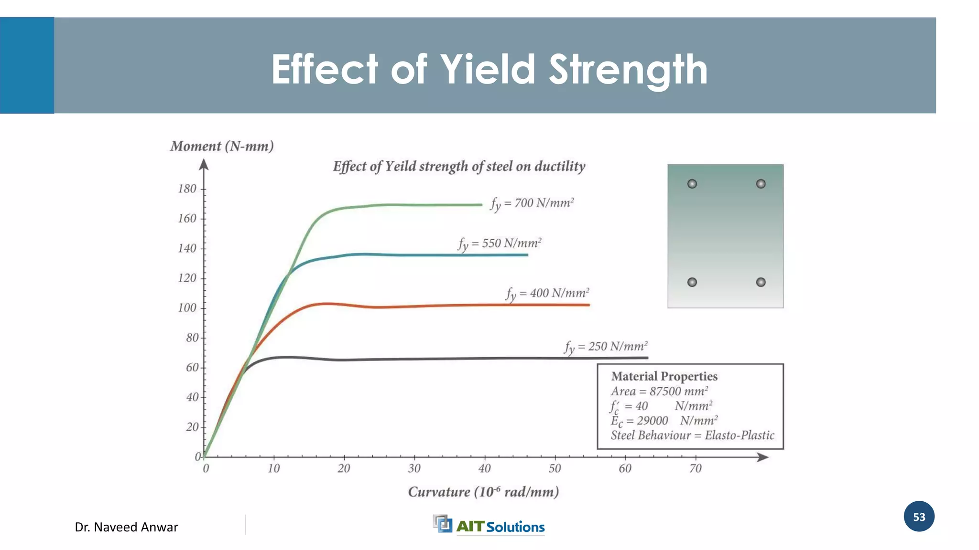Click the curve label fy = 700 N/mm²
click(x=532, y=203)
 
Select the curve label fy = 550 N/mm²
click(x=500, y=243)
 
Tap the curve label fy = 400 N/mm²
click(x=547, y=293)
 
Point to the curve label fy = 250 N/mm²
click(x=606, y=347)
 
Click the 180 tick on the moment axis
click(x=187, y=189)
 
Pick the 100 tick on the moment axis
click(x=187, y=308)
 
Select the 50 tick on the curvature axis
click(x=555, y=468)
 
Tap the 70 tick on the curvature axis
click(x=695, y=468)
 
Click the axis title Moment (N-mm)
click(x=222, y=146)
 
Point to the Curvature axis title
click(x=483, y=492)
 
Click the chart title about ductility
click(x=459, y=167)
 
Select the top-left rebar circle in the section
click(x=692, y=184)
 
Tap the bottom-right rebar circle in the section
click(x=761, y=282)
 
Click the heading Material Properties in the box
click(x=664, y=377)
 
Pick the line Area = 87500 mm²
click(x=659, y=391)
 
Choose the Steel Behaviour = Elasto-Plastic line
click(x=692, y=435)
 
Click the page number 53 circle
click(x=919, y=517)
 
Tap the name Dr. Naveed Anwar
click(x=126, y=527)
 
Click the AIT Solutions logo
click(x=489, y=525)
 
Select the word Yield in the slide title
click(x=488, y=70)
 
